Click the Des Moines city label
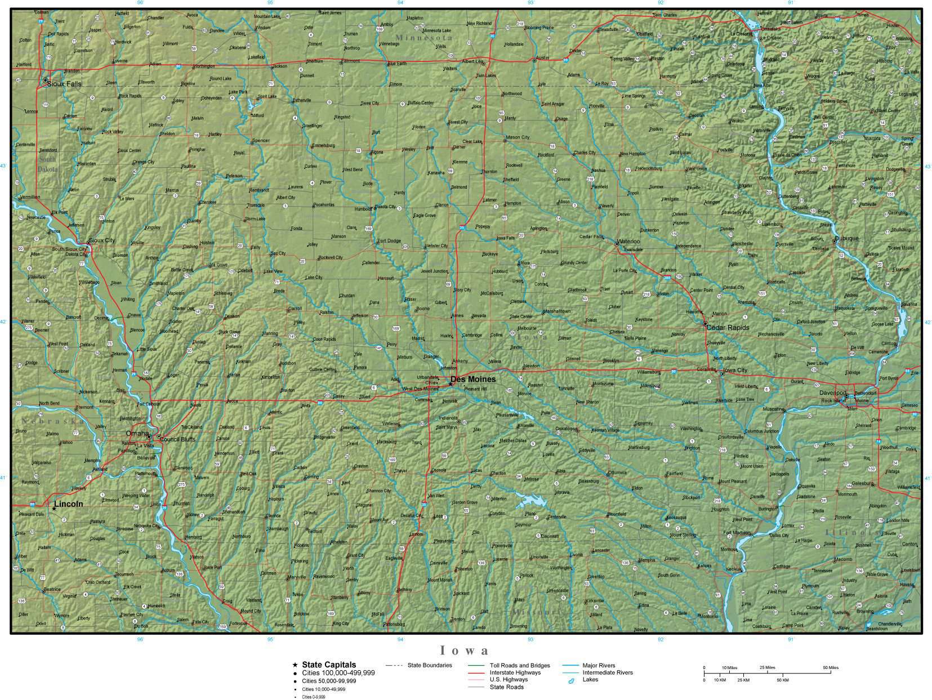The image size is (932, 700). pos(473,379)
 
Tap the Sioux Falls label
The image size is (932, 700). pos(64,84)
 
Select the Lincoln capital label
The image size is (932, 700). pos(69,504)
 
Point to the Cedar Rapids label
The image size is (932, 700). pos(728,328)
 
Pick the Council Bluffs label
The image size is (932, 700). pos(177,439)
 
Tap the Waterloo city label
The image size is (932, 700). pos(629,242)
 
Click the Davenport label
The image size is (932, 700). pos(832,393)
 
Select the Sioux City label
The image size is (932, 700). pos(102,240)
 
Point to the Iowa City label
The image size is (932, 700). pos(734,370)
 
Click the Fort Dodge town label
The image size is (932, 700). pos(389,241)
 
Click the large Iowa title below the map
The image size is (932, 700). pos(465,651)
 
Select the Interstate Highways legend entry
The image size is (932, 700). pos(515,672)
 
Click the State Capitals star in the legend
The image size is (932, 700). pos(295,665)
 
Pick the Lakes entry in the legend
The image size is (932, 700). pos(590,680)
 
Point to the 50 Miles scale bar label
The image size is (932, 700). pos(830,667)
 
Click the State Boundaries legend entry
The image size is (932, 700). pos(429,666)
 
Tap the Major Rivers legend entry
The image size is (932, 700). pos(599,666)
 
